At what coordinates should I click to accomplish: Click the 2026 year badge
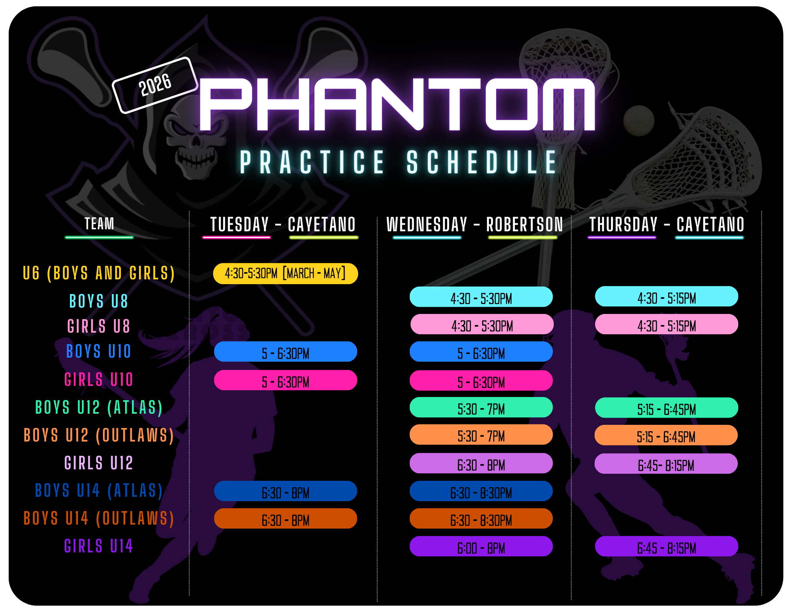click(155, 85)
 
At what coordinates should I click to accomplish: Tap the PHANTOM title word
click(397, 104)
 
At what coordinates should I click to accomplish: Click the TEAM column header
click(99, 223)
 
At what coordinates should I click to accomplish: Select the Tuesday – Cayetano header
click(283, 225)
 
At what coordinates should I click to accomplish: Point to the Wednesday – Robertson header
click(475, 225)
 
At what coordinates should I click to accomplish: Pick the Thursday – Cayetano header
click(667, 225)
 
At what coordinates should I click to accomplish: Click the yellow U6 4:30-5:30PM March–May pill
click(285, 273)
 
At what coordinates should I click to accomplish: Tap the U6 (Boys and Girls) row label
click(99, 273)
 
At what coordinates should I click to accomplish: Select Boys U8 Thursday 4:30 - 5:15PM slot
click(667, 296)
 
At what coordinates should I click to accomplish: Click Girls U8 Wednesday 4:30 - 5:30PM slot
click(482, 324)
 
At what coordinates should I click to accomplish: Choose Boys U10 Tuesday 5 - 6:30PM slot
click(285, 352)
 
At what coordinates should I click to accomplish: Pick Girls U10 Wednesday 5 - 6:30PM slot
click(481, 381)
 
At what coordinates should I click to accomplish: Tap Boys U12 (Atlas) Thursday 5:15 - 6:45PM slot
click(667, 408)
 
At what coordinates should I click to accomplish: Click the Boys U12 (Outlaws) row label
click(99, 436)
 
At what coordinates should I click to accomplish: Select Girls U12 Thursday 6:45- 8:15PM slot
click(666, 464)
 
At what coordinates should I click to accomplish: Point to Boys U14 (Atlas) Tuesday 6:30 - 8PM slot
click(285, 491)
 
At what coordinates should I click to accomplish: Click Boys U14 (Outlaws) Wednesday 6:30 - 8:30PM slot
click(481, 519)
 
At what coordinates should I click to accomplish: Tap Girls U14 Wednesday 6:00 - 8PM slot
click(481, 546)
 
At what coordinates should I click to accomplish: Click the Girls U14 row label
click(99, 546)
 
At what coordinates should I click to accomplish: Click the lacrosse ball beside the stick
click(639, 120)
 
